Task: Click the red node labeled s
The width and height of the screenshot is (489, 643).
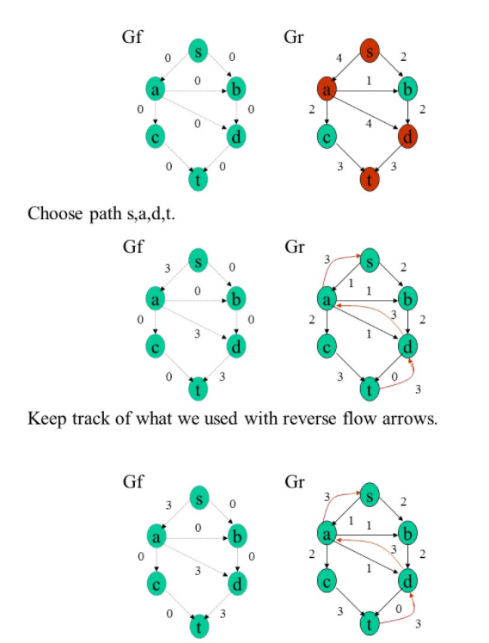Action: click(x=370, y=51)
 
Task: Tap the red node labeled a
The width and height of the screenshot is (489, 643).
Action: click(x=326, y=89)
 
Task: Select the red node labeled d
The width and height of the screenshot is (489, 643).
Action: click(x=409, y=135)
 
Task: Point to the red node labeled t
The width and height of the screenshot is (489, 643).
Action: click(x=370, y=180)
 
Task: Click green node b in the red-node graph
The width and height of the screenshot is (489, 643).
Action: click(x=409, y=89)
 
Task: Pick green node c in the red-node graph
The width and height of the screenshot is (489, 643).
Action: click(x=326, y=135)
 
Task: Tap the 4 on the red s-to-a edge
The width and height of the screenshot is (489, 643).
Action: click(x=339, y=58)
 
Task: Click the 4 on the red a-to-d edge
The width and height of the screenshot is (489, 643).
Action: click(x=370, y=124)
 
